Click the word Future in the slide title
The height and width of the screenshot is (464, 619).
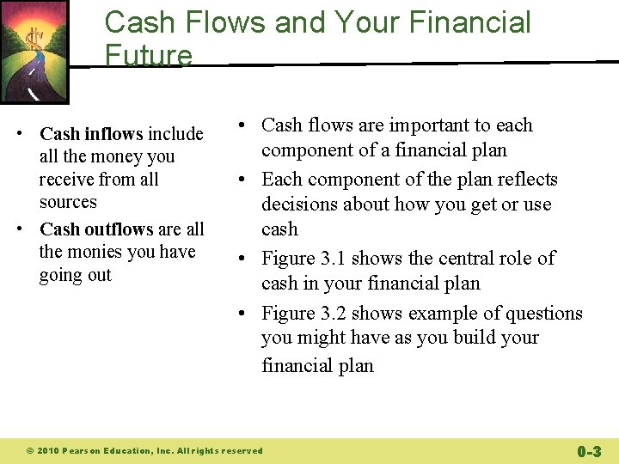tap(148, 56)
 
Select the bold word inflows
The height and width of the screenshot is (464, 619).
tap(113, 134)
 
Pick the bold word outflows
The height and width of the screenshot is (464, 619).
tap(120, 229)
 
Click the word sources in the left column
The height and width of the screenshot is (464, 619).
tap(68, 203)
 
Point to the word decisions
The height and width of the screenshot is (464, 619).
tap(301, 205)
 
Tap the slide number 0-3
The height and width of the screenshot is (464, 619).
tap(589, 450)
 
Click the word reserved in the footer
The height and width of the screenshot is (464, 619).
tap(242, 450)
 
